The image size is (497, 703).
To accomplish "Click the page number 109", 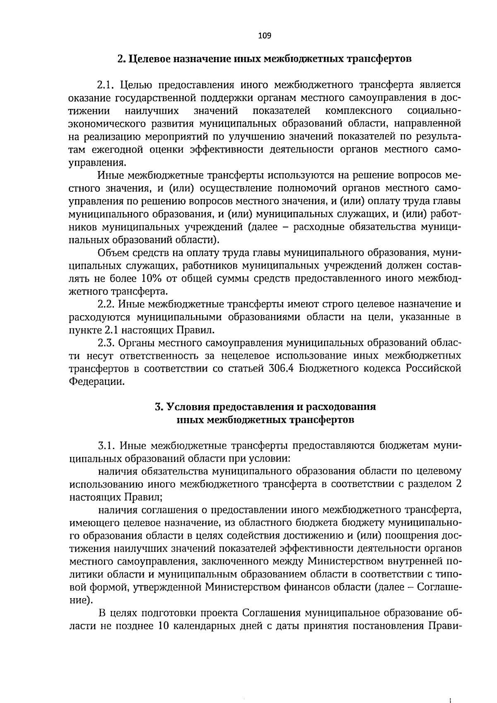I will click(x=264, y=36).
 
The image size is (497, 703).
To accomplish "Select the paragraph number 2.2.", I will click(x=106, y=304).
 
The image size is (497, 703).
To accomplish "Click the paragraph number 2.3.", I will click(x=106, y=343).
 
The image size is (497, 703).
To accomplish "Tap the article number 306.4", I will click(x=279, y=369).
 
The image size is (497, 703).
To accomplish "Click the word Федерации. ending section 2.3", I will click(x=96, y=382).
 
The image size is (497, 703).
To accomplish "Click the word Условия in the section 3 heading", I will click(x=185, y=407).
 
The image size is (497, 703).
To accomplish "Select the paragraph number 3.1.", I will click(x=106, y=446).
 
